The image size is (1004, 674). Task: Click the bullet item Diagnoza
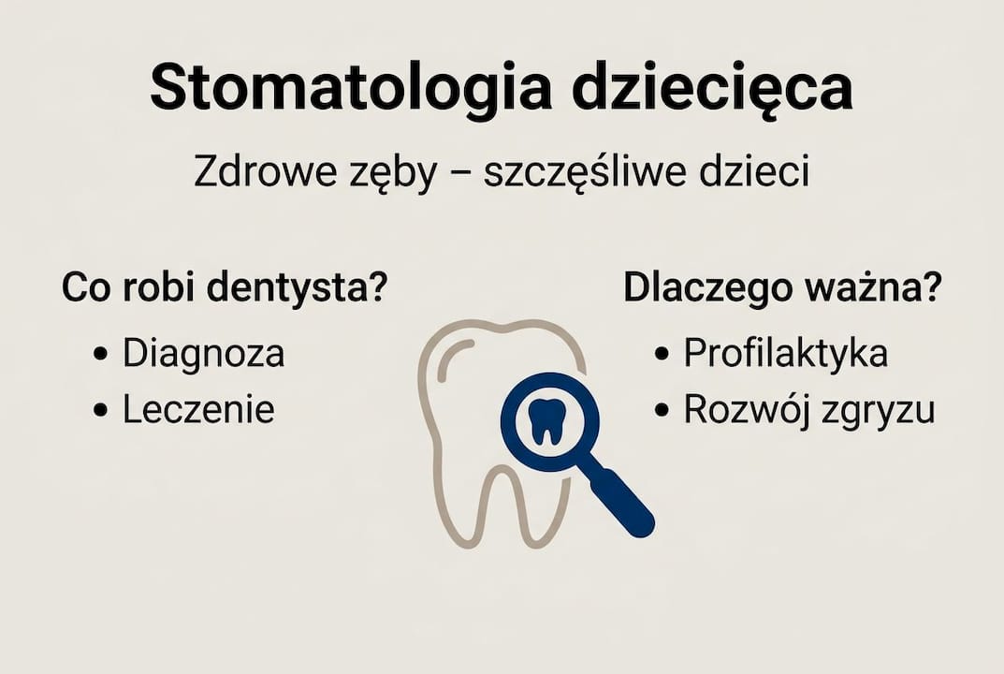coord(203,354)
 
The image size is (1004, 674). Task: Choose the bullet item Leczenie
coord(198,410)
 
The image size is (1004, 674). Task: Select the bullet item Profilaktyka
coord(785,354)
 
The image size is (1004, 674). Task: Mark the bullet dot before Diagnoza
coord(101,356)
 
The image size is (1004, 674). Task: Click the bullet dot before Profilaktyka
coord(662,356)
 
